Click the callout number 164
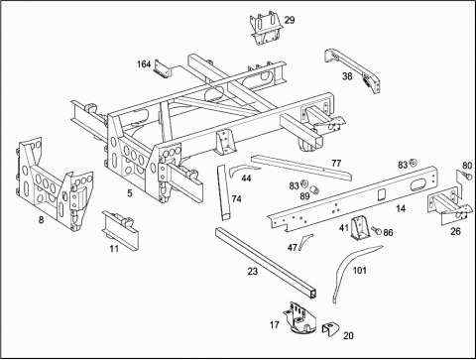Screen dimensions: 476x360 tap(144, 63)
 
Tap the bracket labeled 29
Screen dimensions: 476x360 tap(267, 28)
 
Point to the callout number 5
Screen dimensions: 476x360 tap(130, 192)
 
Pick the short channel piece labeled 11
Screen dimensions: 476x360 tap(120, 229)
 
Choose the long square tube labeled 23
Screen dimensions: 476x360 tap(267, 263)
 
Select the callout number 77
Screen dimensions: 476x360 tap(336, 163)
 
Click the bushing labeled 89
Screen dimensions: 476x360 tap(315, 189)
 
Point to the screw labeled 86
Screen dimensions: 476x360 tap(376, 230)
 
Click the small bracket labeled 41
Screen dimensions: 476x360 tap(360, 227)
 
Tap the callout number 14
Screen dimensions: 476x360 tap(401, 208)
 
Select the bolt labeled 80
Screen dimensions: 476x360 tap(467, 175)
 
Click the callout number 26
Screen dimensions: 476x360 tap(455, 231)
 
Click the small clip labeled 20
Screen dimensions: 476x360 tap(330, 329)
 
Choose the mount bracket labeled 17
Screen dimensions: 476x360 tap(299, 317)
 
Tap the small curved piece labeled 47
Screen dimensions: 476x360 tap(304, 241)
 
